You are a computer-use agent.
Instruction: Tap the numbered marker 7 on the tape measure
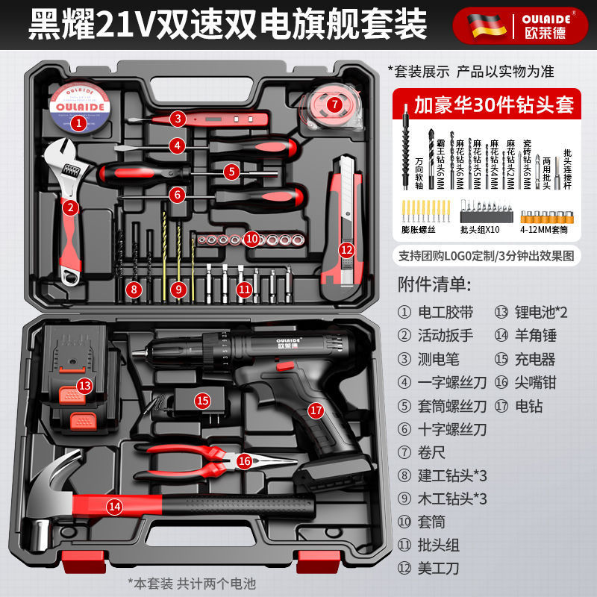335,104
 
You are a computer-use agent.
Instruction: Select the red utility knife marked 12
345,224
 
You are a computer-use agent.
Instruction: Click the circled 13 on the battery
85,385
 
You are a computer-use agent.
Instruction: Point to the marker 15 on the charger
203,400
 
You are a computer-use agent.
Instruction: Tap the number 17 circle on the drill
316,410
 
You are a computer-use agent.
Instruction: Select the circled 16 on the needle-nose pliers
244,460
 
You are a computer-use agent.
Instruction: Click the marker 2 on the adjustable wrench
71,207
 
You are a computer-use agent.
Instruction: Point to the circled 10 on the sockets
251,239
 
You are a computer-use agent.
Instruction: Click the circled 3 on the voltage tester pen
177,118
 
